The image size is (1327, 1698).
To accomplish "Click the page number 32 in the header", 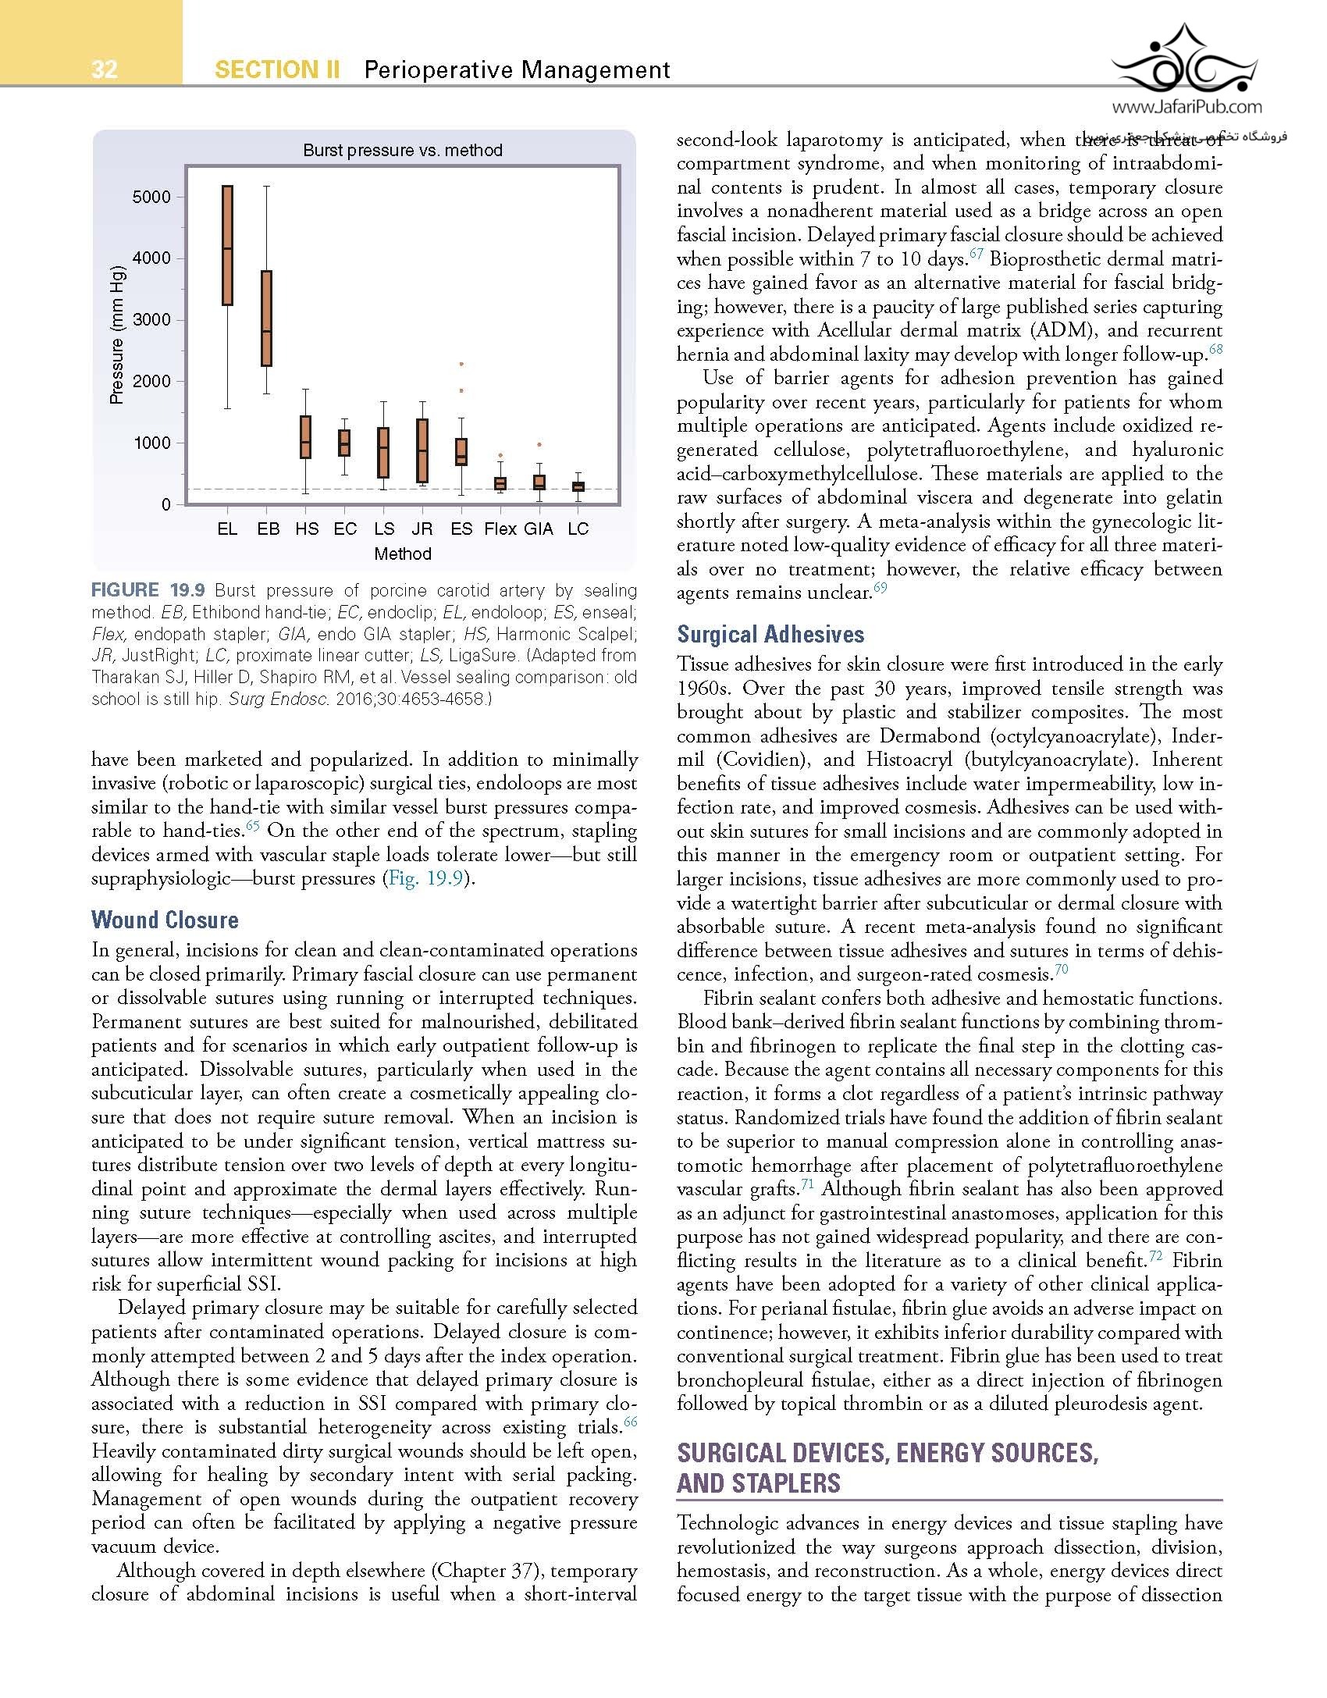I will pos(104,69).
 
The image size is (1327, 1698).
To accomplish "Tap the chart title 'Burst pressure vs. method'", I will pos(402,150).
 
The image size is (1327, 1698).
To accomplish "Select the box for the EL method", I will pos(227,245).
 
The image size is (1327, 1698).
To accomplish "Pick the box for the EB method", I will pos(266,318).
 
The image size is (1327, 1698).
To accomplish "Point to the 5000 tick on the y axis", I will pos(151,197).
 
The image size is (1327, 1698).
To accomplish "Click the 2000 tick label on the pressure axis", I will pos(151,381).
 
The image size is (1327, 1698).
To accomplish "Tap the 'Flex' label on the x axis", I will pos(500,529).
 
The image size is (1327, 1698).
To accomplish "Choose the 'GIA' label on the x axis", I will pos(539,529).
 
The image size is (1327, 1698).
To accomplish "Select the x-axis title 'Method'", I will pos(402,554).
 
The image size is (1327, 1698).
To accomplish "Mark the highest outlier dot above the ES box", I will pos(461,364).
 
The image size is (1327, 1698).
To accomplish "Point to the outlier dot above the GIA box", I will pos(539,444).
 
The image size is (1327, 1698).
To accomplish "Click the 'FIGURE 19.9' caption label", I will pos(148,590).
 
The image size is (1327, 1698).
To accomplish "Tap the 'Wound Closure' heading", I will pos(165,920).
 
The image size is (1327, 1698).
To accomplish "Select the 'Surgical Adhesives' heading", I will pos(770,634).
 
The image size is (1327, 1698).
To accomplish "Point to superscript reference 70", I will pos(1061,970).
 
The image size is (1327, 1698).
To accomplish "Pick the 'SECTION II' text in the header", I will pos(277,69).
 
